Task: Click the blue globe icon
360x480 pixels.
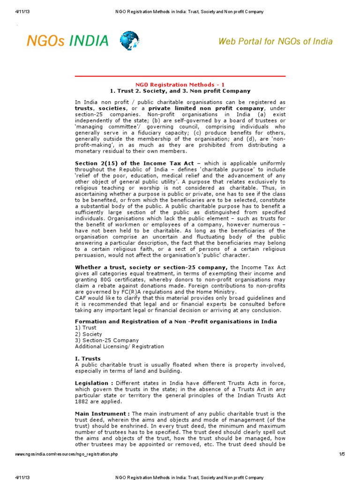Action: tap(129, 41)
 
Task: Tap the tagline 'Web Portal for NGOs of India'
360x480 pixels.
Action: tap(276, 41)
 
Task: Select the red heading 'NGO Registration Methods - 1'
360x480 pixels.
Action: tap(180, 84)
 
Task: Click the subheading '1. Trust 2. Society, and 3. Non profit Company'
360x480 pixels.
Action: tap(180, 91)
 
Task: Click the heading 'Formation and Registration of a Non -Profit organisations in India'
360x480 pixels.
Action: tap(176, 322)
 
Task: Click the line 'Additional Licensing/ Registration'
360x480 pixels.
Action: tap(120, 346)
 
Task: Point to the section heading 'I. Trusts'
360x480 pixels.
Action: tap(88, 359)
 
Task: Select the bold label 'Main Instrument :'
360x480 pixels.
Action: tap(102, 413)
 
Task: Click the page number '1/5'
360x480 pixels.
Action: tap(341, 454)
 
